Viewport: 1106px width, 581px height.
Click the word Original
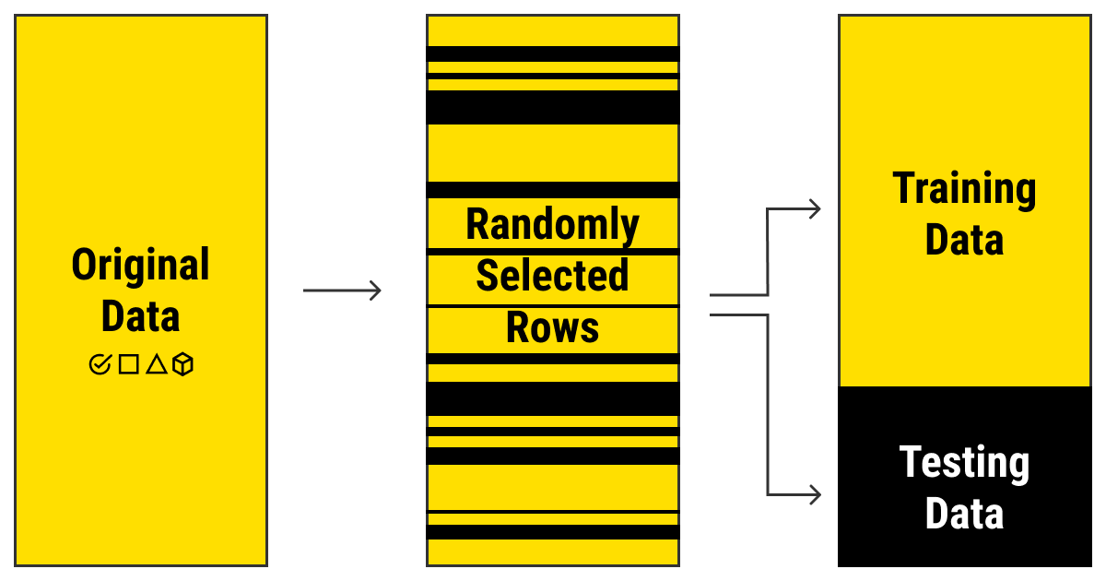141,266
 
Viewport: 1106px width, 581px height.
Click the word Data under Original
141,316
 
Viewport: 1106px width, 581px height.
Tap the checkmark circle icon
100,364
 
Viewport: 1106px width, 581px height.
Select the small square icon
128,364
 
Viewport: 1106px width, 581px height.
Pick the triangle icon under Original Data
156,364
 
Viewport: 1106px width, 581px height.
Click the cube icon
183,364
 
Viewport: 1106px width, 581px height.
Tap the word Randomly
553,224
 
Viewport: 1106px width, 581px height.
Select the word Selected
553,276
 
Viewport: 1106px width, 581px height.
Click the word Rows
553,328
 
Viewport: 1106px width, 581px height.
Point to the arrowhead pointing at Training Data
814,209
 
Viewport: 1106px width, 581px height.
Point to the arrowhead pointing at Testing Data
814,494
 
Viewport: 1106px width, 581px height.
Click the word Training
964,189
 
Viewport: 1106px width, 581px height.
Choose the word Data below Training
964,241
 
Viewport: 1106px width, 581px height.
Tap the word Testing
964,463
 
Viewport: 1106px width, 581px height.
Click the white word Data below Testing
964,514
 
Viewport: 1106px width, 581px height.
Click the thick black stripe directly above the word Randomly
553,190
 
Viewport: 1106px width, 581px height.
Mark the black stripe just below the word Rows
553,358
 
